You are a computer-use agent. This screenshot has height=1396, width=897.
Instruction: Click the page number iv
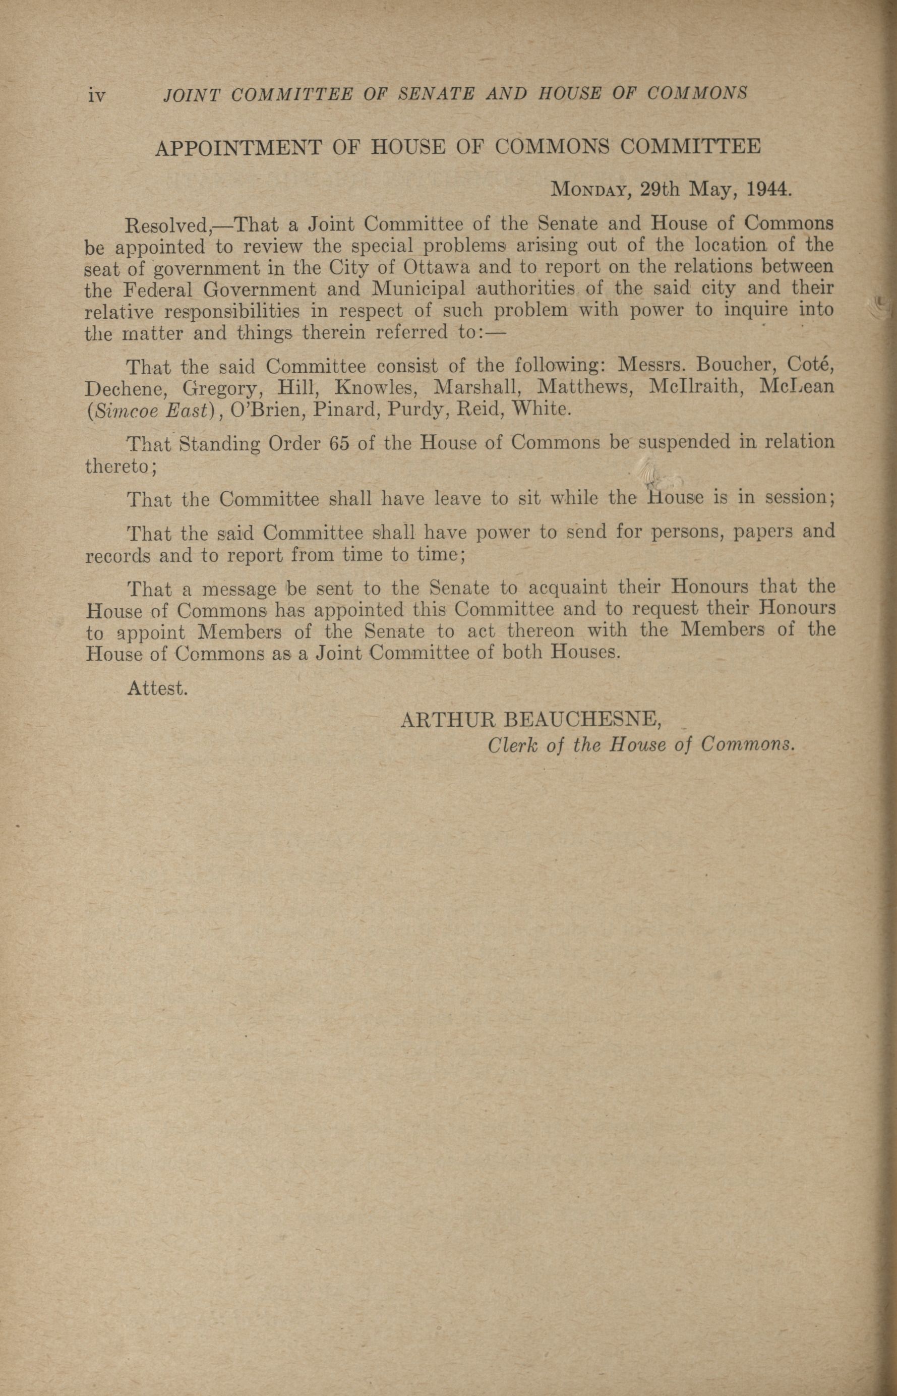(x=96, y=94)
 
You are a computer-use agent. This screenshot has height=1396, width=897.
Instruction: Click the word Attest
(x=157, y=689)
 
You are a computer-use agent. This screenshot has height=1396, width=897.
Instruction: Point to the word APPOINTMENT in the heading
(x=238, y=147)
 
